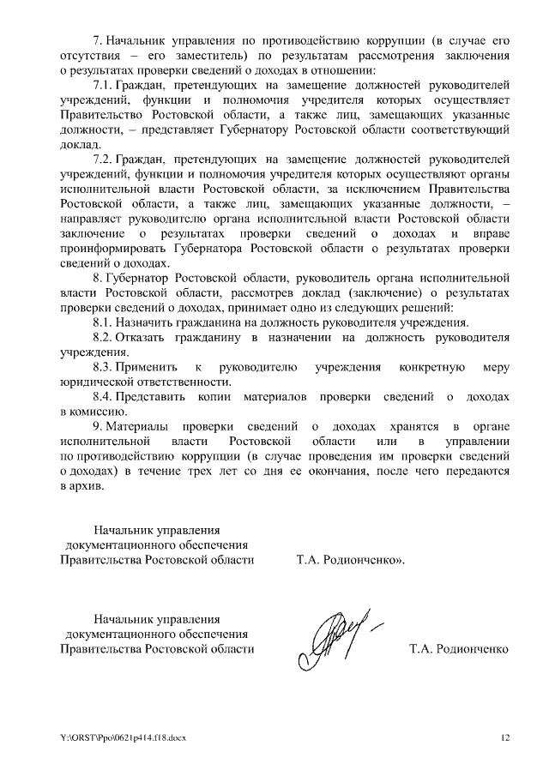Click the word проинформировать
click(114, 249)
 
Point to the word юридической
click(98, 382)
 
